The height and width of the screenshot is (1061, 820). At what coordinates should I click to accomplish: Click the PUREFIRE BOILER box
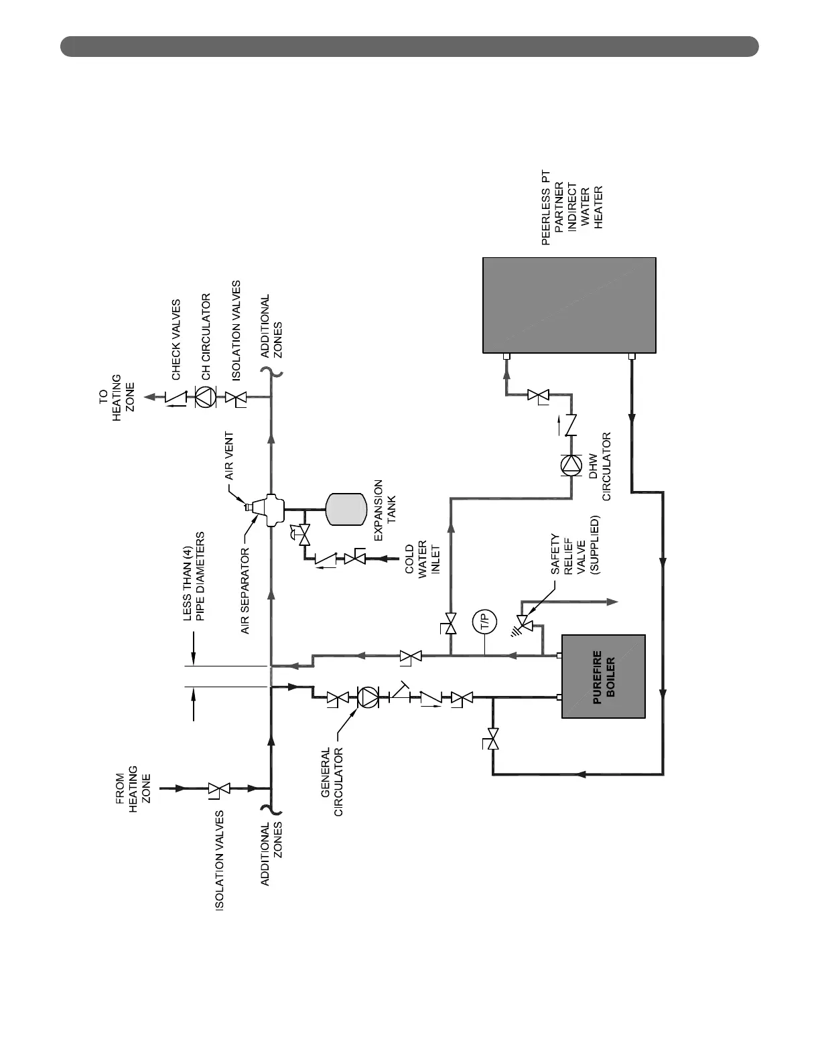[603, 676]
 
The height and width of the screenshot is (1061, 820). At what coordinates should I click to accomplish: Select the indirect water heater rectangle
[569, 305]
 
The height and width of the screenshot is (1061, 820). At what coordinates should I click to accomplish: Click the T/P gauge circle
[484, 622]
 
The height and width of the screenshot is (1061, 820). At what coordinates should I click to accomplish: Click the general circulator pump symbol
[368, 697]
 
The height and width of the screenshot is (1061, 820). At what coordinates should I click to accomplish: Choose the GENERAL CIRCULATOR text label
[332, 782]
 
